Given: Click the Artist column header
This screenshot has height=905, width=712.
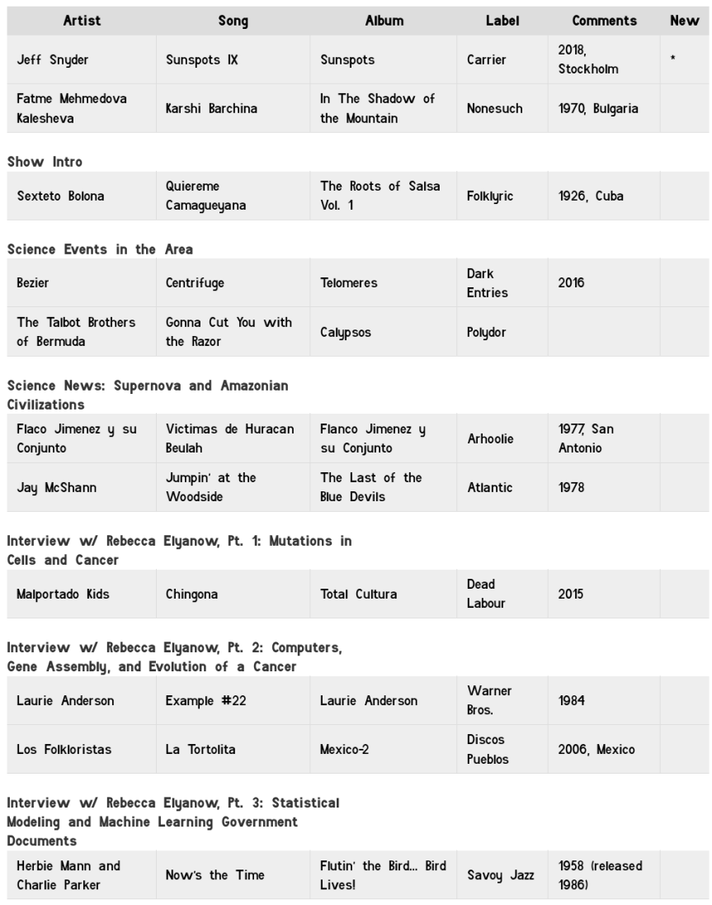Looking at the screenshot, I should [x=82, y=21].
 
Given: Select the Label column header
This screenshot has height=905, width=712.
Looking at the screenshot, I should [x=502, y=21].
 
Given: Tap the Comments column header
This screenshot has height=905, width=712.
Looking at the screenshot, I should [x=604, y=21].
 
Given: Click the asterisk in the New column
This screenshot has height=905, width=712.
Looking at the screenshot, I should [x=673, y=60].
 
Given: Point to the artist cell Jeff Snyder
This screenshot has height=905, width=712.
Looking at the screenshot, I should [x=53, y=59].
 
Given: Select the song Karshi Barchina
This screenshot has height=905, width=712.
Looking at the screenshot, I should [x=211, y=108].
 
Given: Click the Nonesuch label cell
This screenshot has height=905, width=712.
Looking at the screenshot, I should [x=494, y=108].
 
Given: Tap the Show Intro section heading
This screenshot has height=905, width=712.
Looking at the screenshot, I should [x=45, y=162].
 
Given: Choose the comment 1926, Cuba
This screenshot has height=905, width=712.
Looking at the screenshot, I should [x=590, y=196].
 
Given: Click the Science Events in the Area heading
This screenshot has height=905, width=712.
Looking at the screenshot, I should [x=100, y=249].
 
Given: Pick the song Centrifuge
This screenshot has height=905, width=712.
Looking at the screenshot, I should [x=195, y=282].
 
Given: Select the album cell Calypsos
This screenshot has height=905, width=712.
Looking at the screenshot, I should [x=346, y=332].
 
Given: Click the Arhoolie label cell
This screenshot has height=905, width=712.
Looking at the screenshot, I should [x=490, y=438].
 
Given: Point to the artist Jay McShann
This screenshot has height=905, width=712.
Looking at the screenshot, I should [x=56, y=487].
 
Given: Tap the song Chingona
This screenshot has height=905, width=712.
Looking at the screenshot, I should [x=191, y=594].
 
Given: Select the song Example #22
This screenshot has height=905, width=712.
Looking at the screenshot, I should [x=205, y=700].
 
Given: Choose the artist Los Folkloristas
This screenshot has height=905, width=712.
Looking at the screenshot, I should [x=64, y=749].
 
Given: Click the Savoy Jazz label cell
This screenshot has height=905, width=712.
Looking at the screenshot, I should [x=500, y=875].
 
